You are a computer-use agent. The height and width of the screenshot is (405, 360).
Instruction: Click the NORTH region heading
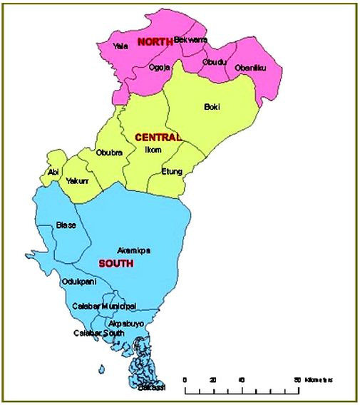155,43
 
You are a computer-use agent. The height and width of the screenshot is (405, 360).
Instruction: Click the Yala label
120,46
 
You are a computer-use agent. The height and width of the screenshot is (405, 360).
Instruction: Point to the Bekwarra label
190,40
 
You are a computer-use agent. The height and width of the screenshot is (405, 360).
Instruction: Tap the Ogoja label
159,67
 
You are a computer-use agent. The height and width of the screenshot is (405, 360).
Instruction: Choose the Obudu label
213,61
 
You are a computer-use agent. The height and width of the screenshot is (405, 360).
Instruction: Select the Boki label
212,107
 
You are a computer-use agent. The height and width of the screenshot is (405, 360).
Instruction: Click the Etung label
172,171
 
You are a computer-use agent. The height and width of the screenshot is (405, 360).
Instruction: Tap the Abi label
53,172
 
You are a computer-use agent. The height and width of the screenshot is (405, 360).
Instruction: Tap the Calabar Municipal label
104,306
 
